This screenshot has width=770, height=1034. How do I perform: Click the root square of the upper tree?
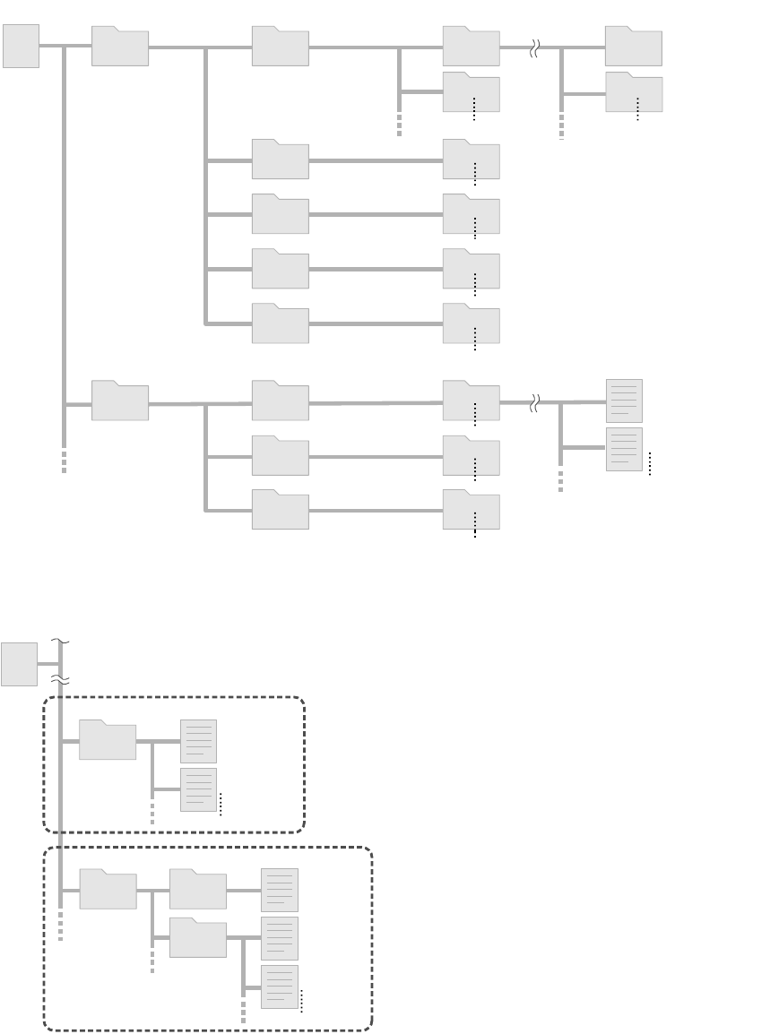tap(21, 47)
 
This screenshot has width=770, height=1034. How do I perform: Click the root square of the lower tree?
tap(19, 664)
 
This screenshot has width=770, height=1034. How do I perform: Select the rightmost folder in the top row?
tap(634, 47)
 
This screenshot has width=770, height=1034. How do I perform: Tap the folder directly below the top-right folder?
tap(634, 93)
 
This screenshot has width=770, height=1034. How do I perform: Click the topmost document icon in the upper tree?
tap(624, 401)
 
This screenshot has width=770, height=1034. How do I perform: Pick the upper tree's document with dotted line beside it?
tap(624, 449)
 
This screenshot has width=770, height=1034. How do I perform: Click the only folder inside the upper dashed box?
tap(108, 740)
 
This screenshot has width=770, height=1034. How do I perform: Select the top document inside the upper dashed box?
tap(198, 741)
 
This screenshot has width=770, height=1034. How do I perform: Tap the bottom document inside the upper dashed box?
tap(198, 789)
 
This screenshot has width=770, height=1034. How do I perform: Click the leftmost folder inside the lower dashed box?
tap(108, 890)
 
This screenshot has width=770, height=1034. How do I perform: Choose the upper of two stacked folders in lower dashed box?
tap(198, 890)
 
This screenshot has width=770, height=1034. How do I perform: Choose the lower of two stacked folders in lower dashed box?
tap(198, 937)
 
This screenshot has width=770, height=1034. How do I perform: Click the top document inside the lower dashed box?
tap(279, 890)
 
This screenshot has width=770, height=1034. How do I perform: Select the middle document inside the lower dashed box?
tap(279, 938)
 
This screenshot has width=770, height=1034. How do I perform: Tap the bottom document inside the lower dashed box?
tap(279, 987)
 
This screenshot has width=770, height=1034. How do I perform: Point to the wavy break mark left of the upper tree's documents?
tap(534, 403)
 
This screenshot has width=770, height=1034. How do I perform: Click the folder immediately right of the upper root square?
tap(120, 47)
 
